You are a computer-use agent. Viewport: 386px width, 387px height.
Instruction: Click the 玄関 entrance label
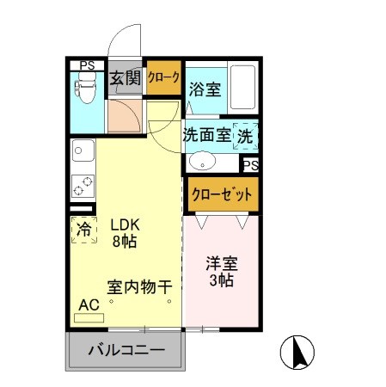click(x=125, y=80)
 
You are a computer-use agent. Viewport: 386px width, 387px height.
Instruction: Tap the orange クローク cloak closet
click(x=163, y=78)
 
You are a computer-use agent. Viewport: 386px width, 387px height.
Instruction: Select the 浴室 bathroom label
click(x=204, y=88)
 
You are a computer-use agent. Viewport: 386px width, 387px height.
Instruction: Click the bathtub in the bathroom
click(x=244, y=87)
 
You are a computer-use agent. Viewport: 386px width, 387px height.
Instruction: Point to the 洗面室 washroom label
click(x=206, y=135)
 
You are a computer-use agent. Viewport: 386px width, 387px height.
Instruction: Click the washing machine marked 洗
click(x=246, y=136)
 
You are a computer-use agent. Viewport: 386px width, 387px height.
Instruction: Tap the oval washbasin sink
click(x=204, y=161)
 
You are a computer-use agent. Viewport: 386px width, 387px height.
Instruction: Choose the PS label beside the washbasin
click(x=250, y=165)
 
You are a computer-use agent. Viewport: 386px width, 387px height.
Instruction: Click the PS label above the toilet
click(x=87, y=65)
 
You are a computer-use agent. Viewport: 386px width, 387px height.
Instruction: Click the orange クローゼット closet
click(x=222, y=194)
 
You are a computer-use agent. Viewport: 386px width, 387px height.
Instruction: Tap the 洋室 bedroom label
click(x=221, y=266)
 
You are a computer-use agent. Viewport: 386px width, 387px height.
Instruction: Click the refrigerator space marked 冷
click(x=83, y=230)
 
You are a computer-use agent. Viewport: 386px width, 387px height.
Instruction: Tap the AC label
click(x=88, y=304)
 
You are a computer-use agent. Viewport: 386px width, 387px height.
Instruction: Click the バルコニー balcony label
click(x=126, y=351)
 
